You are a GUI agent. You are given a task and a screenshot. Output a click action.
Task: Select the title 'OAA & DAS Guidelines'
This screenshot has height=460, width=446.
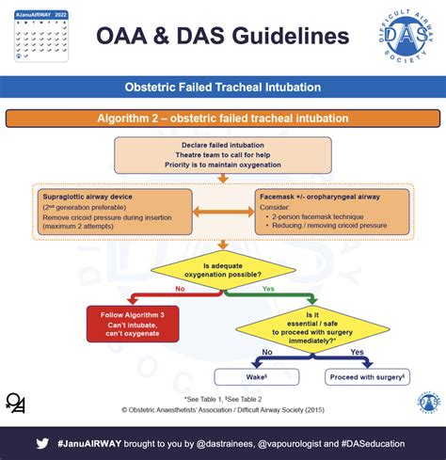tap(223, 37)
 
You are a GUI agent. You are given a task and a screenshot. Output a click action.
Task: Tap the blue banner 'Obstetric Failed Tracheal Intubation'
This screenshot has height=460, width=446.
tap(223, 87)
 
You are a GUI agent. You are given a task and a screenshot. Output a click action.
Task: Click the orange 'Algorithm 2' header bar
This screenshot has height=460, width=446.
tap(223, 119)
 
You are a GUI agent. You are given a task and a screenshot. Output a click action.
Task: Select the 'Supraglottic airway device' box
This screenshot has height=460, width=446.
tap(115, 212)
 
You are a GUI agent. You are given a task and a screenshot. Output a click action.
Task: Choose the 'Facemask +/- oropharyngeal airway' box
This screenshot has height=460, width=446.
tap(332, 212)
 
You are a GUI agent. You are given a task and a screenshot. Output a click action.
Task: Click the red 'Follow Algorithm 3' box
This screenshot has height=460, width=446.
tap(134, 323)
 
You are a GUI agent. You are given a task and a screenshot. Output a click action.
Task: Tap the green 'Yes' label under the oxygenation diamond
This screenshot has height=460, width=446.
tap(267, 291)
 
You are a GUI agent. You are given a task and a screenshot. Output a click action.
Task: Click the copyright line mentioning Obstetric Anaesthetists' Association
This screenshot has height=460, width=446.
tap(223, 410)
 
